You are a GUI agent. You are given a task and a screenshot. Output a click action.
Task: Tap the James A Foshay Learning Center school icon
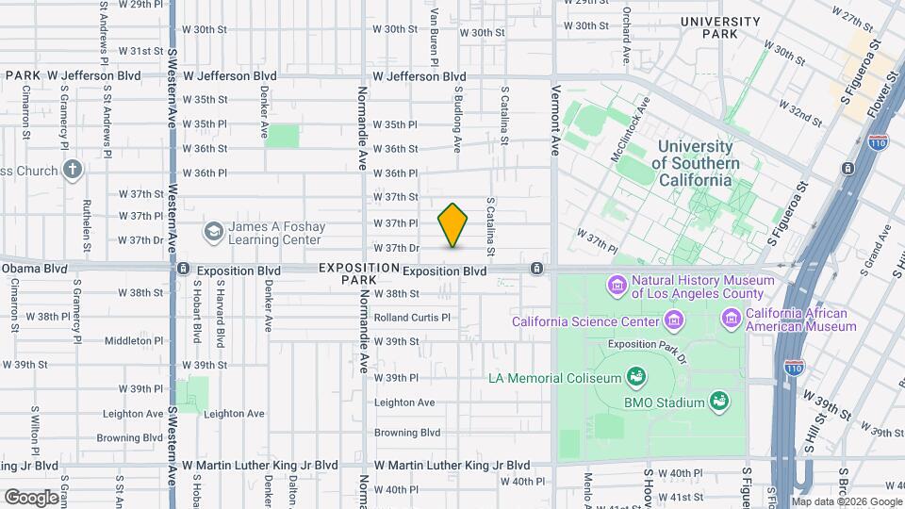214,231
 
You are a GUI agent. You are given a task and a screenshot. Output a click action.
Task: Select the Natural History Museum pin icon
617,285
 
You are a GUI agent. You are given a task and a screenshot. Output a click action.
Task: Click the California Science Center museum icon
673,321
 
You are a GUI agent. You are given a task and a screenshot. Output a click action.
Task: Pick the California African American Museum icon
732,320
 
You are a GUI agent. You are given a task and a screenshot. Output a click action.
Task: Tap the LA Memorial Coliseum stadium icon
637,378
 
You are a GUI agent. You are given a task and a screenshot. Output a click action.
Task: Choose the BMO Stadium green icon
719,402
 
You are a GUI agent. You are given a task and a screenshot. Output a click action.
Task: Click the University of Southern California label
695,163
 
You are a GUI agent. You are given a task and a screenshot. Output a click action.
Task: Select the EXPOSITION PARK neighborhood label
346,273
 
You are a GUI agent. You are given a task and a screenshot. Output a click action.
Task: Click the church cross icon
73,171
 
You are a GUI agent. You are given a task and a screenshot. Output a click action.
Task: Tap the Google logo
31,497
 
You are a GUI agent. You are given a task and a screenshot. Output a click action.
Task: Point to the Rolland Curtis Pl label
412,318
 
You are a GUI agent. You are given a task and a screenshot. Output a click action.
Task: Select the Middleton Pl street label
135,340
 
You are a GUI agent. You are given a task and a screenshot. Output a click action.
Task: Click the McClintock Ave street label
631,133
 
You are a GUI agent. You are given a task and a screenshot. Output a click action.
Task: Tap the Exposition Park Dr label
645,344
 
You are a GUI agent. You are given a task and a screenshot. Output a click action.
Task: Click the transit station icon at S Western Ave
183,270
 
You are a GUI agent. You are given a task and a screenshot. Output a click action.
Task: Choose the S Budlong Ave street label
457,120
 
